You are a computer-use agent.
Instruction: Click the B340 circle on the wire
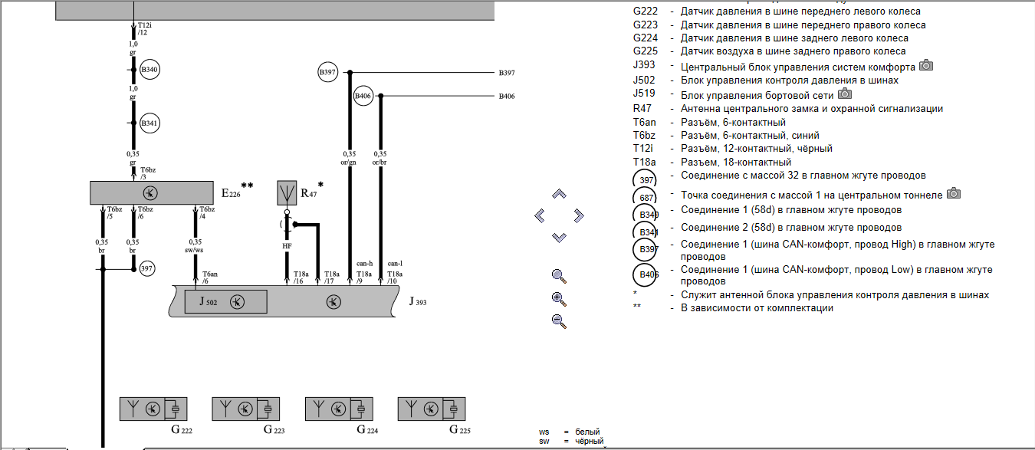pyautogui.click(x=149, y=70)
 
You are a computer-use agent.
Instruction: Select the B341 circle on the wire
pyautogui.click(x=149, y=123)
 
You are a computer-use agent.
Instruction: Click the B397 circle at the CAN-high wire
pyautogui.click(x=328, y=73)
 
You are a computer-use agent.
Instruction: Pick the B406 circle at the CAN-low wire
pyautogui.click(x=363, y=97)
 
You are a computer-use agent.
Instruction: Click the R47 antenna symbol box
pyautogui.click(x=287, y=193)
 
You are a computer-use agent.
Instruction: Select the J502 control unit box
pyautogui.click(x=225, y=302)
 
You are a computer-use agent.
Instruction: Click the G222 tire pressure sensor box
pyautogui.click(x=154, y=409)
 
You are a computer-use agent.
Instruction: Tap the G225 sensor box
pyautogui.click(x=432, y=409)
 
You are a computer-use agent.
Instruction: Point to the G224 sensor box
pyautogui.click(x=340, y=409)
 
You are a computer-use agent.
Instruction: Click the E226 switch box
pyautogui.click(x=151, y=192)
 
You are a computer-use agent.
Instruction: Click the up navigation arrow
pyautogui.click(x=559, y=195)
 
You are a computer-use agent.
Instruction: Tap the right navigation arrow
pyautogui.click(x=579, y=215)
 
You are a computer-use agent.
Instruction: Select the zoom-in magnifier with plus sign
pyautogui.click(x=559, y=299)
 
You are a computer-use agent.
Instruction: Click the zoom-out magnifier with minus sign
pyautogui.click(x=559, y=321)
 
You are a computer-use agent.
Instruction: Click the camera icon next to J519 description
pyautogui.click(x=845, y=94)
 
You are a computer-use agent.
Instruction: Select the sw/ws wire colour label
pyautogui.click(x=195, y=250)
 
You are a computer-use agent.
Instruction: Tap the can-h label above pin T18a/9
pyautogui.click(x=364, y=263)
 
